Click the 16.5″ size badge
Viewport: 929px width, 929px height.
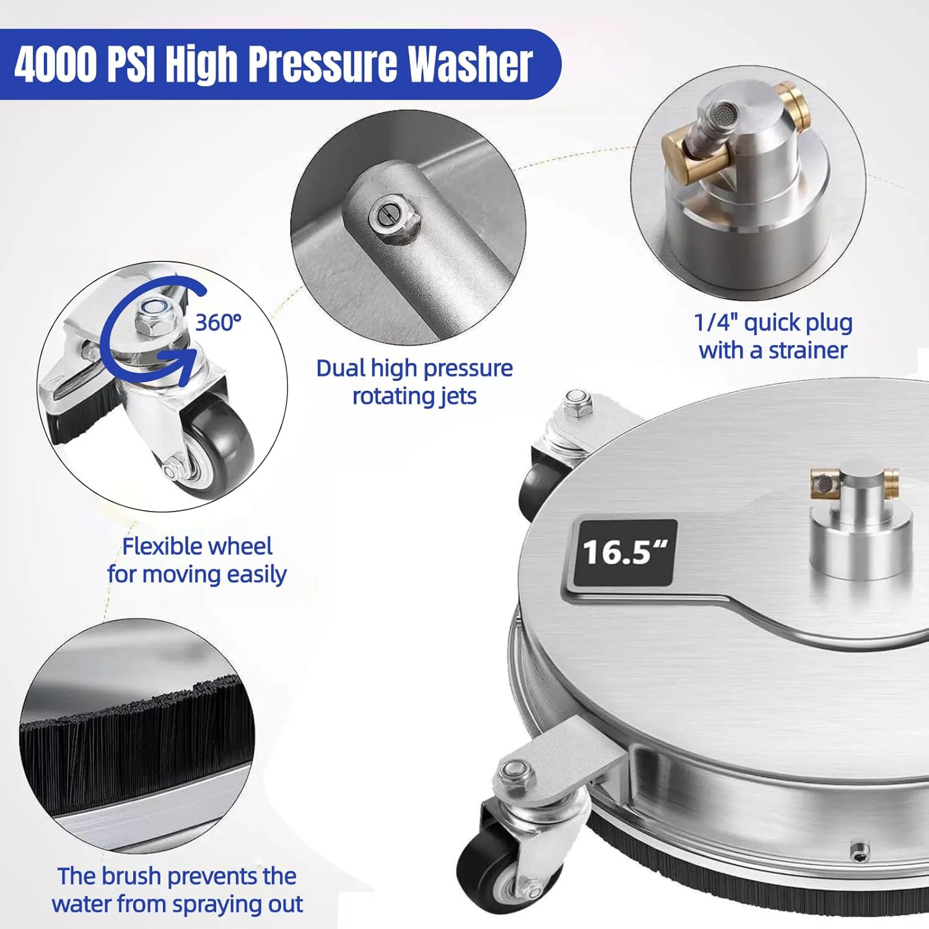(x=624, y=553)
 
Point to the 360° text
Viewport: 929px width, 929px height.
(x=218, y=323)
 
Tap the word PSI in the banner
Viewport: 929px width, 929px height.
(x=131, y=63)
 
